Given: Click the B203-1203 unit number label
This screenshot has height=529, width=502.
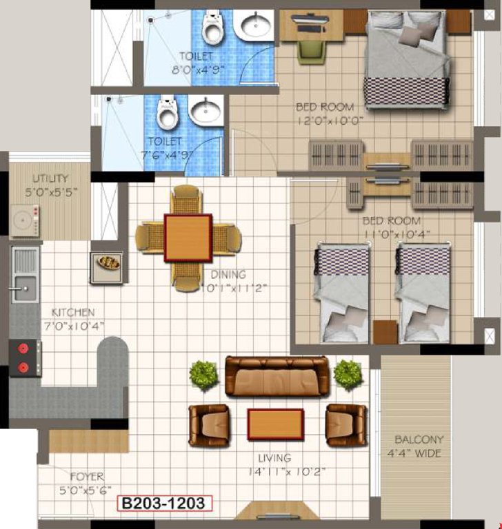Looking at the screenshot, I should pos(163,504).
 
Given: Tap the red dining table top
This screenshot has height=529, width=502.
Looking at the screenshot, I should pos(188,238).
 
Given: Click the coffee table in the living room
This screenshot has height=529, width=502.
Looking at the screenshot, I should pos(276,424).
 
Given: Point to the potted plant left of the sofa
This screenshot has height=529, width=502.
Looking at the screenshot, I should pos(203,374).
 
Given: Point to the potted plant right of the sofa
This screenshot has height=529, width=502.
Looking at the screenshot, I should pos(347,374).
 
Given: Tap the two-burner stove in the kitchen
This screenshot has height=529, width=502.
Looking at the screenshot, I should pos(25,357).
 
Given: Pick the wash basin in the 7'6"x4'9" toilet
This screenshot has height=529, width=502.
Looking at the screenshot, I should pos(205,111).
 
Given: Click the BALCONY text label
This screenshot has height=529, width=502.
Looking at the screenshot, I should pos(419,439).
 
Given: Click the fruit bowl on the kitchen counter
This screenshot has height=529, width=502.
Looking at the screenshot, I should pos(108,262).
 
